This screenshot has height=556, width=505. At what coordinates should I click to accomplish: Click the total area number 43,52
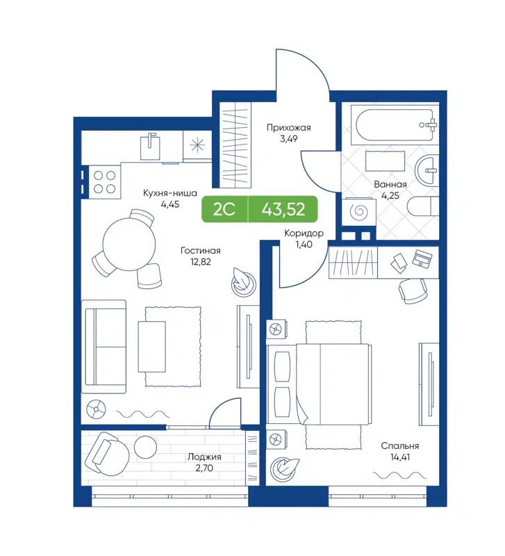pos(283,209)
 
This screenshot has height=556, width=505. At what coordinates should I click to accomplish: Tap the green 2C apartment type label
pos(224,209)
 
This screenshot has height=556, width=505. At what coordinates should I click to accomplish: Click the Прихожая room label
pos(289,128)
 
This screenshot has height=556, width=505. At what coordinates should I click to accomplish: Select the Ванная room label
pos(390,184)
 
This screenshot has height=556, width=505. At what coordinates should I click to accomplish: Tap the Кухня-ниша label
pos(169,193)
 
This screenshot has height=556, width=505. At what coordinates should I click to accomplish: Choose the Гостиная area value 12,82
pos(200,262)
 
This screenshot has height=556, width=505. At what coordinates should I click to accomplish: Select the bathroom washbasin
pos(427,167)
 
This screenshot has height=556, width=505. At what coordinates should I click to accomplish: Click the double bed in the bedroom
pos(320,384)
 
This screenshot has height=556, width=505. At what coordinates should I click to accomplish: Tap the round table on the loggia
pos(147,446)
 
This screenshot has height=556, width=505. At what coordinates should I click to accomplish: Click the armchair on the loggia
pos(106,452)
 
